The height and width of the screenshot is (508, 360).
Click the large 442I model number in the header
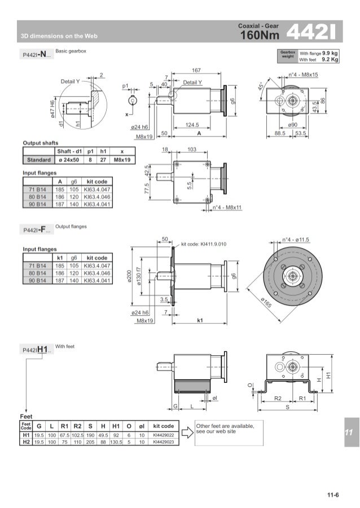[311, 32]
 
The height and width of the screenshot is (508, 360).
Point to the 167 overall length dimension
[196, 70]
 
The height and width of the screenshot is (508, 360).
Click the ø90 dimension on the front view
[292, 126]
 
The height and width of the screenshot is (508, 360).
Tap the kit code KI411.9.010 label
[204, 244]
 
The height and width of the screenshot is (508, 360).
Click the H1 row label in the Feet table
[25, 435]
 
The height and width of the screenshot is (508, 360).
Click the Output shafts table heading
[40, 143]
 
